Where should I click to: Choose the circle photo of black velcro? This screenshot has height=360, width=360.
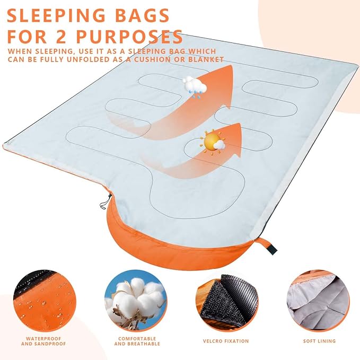click(x=225, y=298)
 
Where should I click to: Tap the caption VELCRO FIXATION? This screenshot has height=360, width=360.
click(x=225, y=341)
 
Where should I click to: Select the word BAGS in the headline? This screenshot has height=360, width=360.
click(x=144, y=15)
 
